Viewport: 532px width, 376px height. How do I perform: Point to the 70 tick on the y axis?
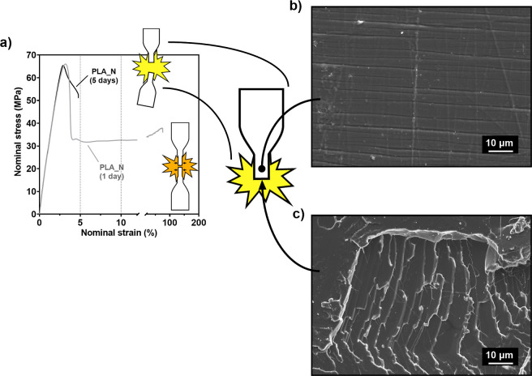31,55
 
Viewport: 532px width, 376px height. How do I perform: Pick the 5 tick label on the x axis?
80,222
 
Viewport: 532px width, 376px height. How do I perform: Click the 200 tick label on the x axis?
197,222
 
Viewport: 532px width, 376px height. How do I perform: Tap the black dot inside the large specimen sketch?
261,168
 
